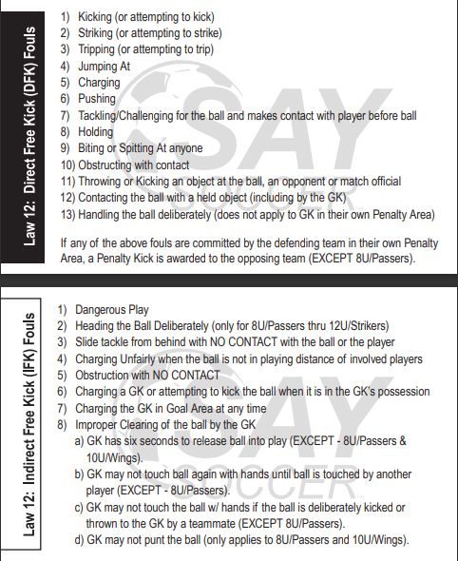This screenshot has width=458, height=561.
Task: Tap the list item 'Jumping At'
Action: [x=104, y=67]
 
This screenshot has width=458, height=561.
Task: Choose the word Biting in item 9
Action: [x=94, y=148]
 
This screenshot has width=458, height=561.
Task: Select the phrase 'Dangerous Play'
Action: [x=112, y=310]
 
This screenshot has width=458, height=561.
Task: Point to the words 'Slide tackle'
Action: [x=108, y=342]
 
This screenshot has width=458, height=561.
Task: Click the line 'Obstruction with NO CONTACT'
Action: [x=147, y=375]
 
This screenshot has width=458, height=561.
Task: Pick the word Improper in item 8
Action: [x=100, y=424]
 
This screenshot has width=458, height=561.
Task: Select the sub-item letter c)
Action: [x=80, y=508]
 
